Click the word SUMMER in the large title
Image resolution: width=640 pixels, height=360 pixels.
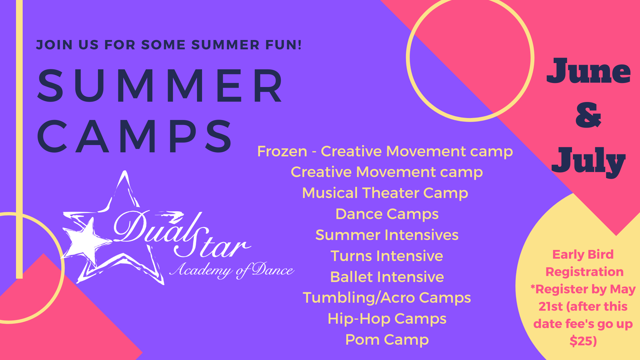pyautogui.click(x=160, y=86)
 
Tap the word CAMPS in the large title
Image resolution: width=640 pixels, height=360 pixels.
pyautogui.click(x=135, y=136)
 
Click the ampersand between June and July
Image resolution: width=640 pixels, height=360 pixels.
pyautogui.click(x=588, y=115)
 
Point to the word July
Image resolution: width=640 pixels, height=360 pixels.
pyautogui.click(x=588, y=161)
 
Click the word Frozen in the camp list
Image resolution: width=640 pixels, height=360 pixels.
pyautogui.click(x=282, y=151)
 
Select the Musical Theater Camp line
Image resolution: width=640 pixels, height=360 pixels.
pyautogui.click(x=385, y=193)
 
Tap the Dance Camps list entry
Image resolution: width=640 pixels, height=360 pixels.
pyautogui.click(x=387, y=214)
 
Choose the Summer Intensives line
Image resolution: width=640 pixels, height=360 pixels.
pyautogui.click(x=387, y=235)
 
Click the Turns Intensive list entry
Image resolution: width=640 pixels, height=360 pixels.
pyautogui.click(x=387, y=256)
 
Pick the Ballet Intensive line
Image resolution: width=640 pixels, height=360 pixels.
pyautogui.click(x=387, y=277)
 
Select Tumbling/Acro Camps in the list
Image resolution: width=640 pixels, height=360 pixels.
pyautogui.click(x=387, y=298)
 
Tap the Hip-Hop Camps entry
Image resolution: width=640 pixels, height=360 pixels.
pyautogui.click(x=387, y=319)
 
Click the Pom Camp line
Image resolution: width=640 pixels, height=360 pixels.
pyautogui.click(x=387, y=340)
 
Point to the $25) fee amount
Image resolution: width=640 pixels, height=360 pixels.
pyautogui.click(x=583, y=341)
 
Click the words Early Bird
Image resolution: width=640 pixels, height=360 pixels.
pyautogui.click(x=583, y=255)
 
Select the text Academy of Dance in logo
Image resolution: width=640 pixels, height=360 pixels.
pyautogui.click(x=232, y=270)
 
